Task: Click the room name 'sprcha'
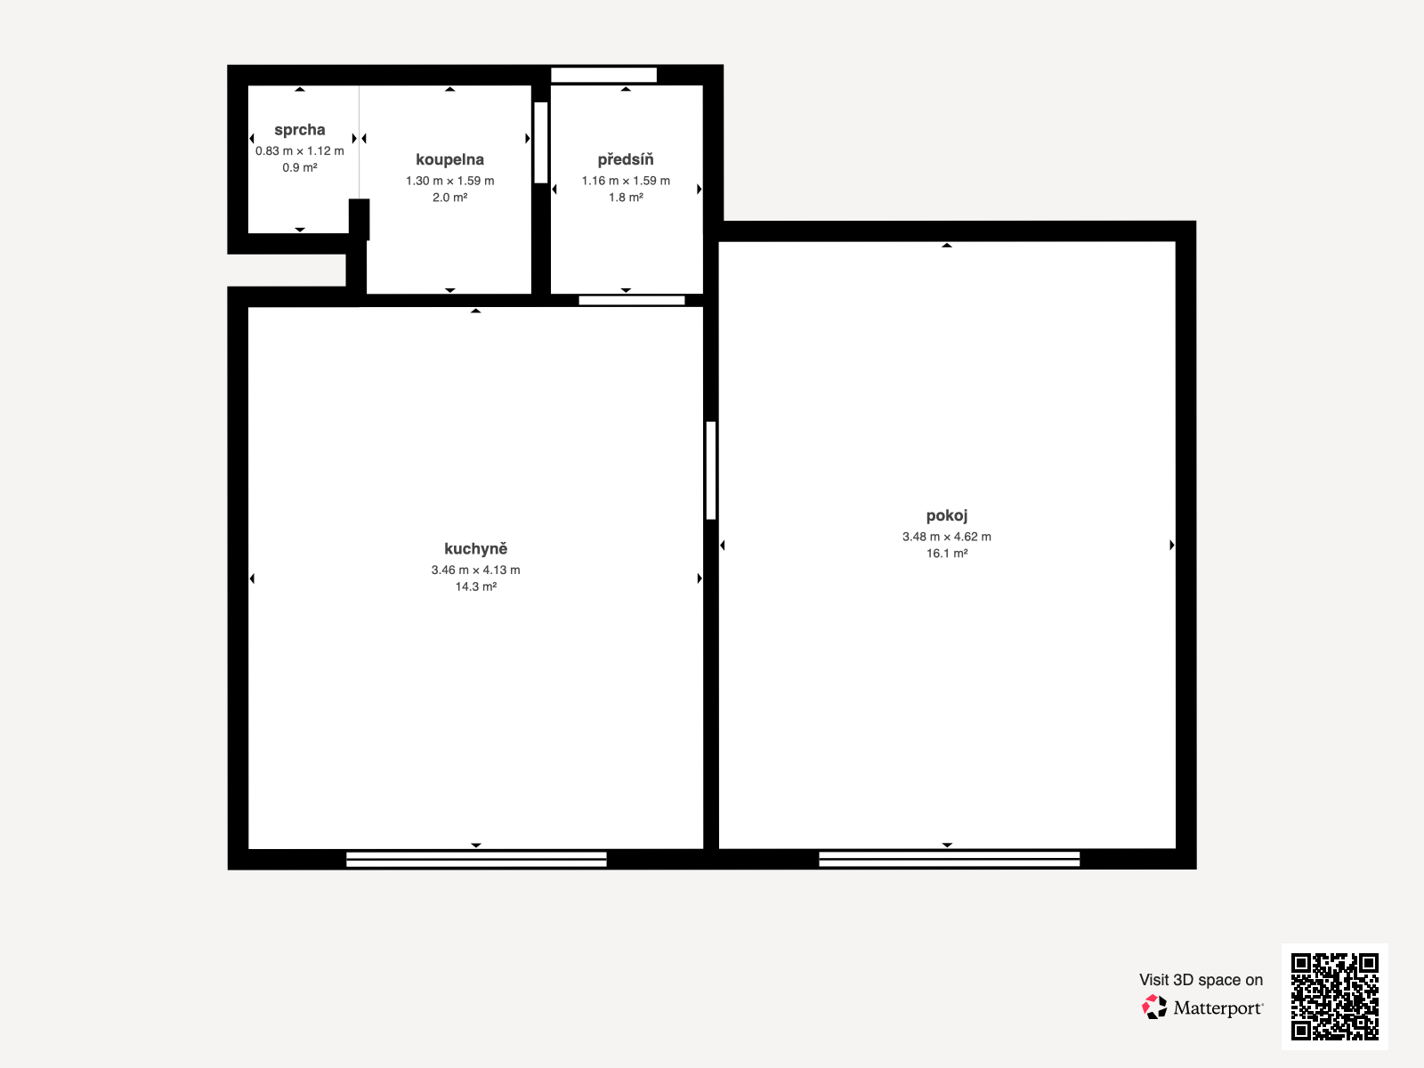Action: pyautogui.click(x=300, y=130)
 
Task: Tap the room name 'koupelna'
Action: pyautogui.click(x=449, y=159)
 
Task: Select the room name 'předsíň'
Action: pyautogui.click(x=626, y=159)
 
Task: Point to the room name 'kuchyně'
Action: pyautogui.click(x=475, y=548)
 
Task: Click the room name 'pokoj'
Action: pyautogui.click(x=947, y=515)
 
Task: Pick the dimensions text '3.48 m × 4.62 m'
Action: pyautogui.click(x=947, y=537)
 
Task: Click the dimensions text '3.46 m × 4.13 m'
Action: pyautogui.click(x=475, y=570)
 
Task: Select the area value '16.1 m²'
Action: pyautogui.click(x=947, y=553)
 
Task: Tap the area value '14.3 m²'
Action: pyautogui.click(x=475, y=587)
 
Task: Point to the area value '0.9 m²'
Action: pyautogui.click(x=300, y=167)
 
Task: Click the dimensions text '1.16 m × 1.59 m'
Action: pyautogui.click(x=626, y=181)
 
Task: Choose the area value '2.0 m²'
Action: pyautogui.click(x=449, y=197)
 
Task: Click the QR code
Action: pyautogui.click(x=1334, y=997)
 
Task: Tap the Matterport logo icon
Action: pyautogui.click(x=1154, y=1007)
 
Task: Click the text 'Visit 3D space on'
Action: pyautogui.click(x=1201, y=980)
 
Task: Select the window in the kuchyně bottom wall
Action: pyautogui.click(x=476, y=860)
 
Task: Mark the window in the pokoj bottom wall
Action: pyautogui.click(x=949, y=859)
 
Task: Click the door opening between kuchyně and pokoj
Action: pyautogui.click(x=711, y=470)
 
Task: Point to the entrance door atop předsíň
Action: pyautogui.click(x=604, y=76)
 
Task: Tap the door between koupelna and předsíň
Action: pyautogui.click(x=541, y=142)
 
